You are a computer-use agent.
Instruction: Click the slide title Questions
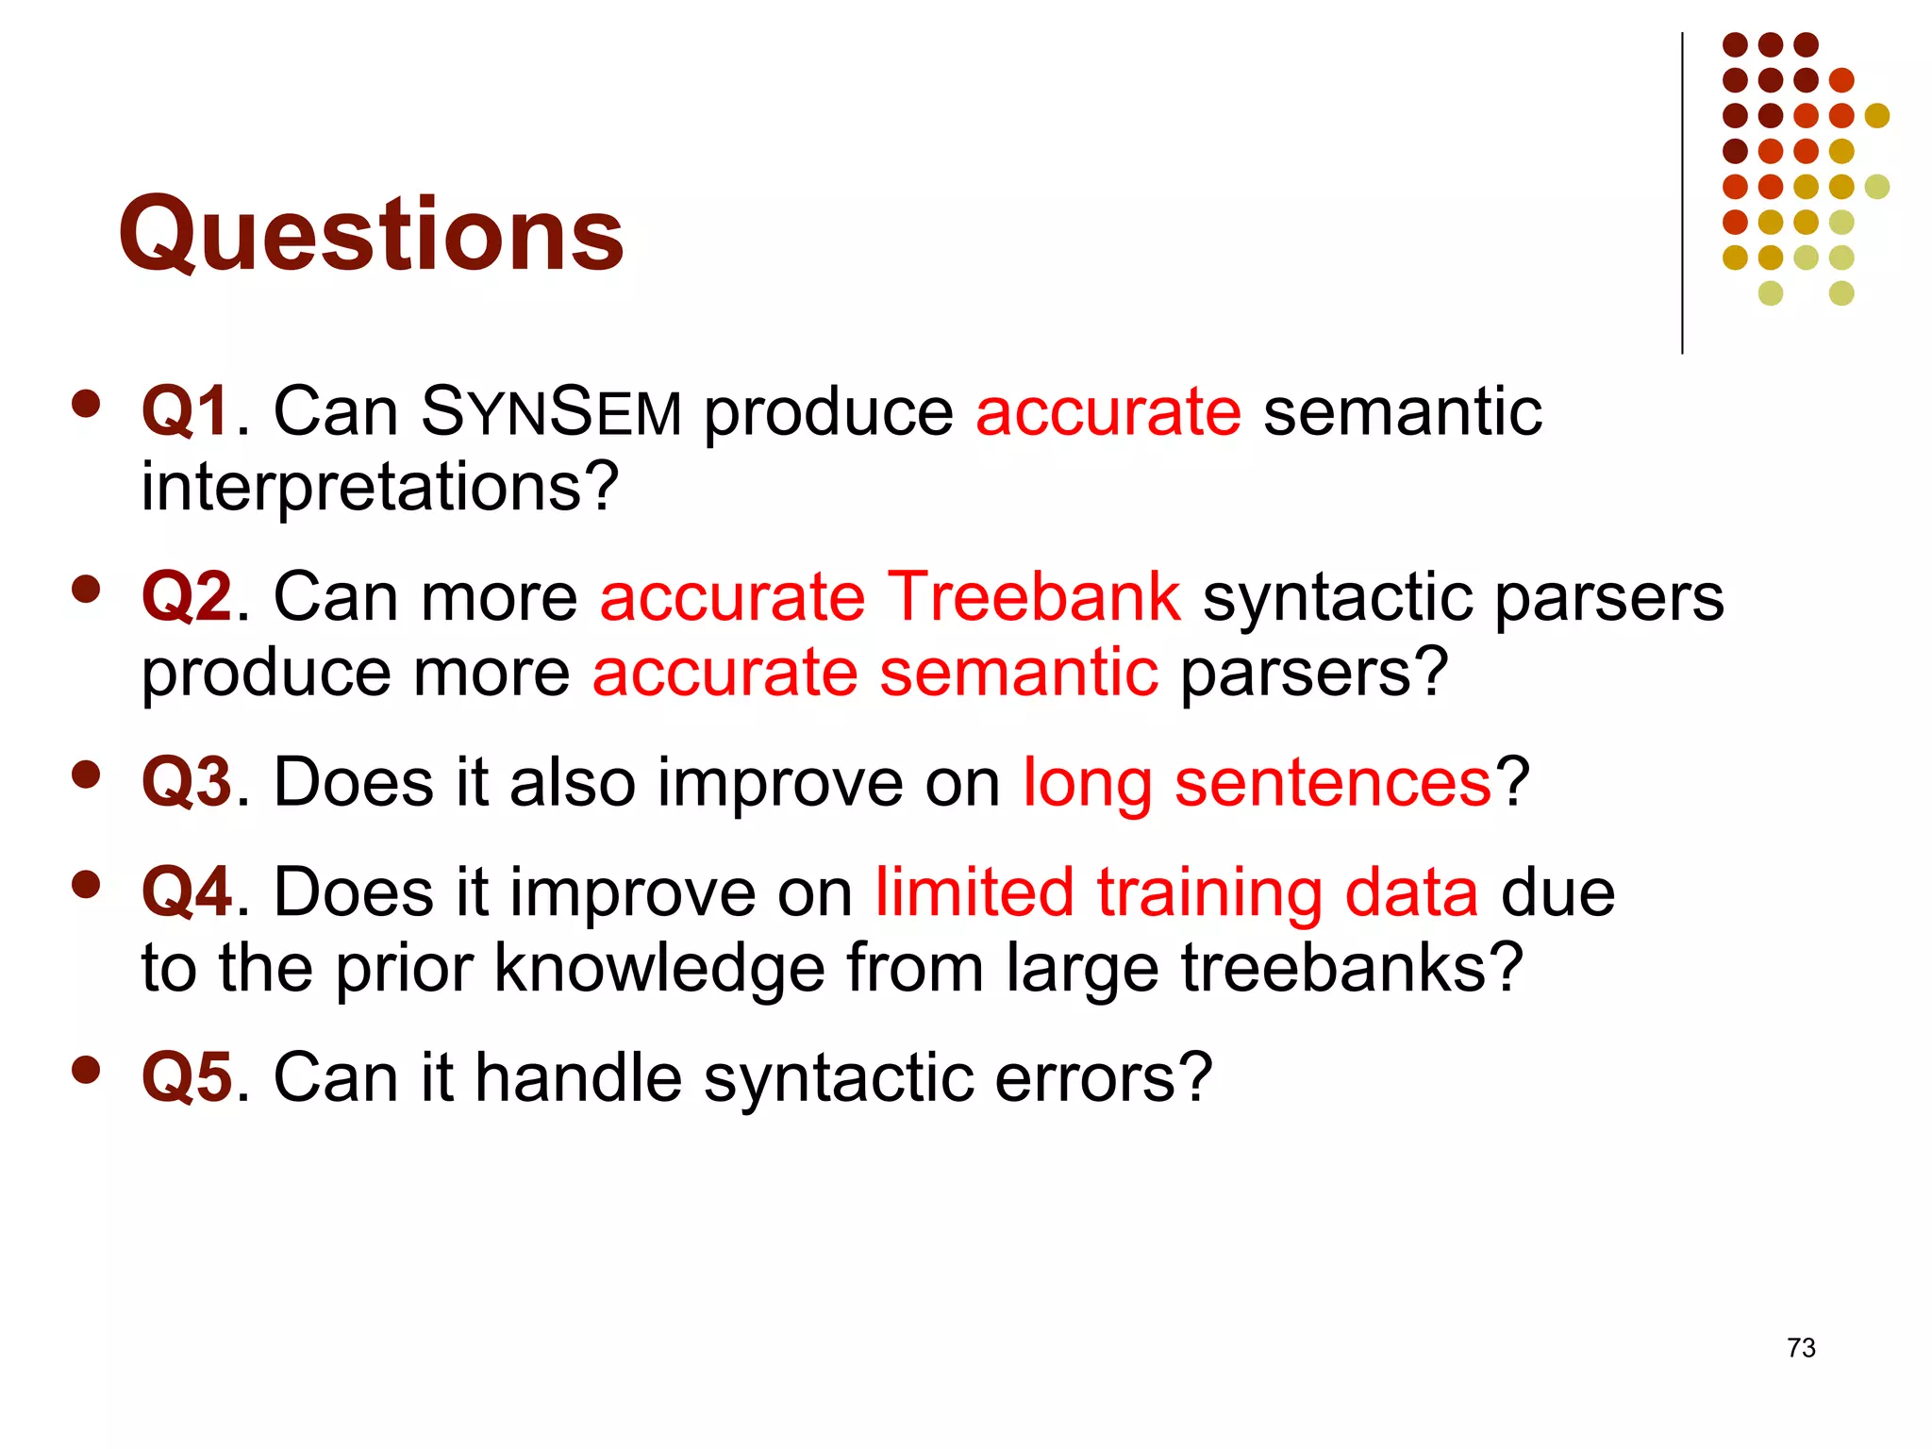click(370, 233)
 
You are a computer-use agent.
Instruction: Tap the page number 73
click(1800, 1347)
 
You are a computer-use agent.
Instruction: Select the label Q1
click(185, 412)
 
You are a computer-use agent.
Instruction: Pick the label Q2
click(186, 597)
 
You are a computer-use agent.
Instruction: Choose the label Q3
click(186, 782)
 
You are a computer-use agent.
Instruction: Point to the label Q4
click(186, 892)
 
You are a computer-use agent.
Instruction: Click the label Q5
click(186, 1077)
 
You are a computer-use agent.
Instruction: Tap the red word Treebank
click(1034, 597)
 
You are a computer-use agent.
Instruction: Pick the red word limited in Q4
click(974, 892)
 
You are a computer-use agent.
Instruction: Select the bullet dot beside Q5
click(86, 1070)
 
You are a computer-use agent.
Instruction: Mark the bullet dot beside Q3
click(86, 774)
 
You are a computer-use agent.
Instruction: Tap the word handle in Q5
click(577, 1077)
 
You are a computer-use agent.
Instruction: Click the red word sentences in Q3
click(1332, 782)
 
